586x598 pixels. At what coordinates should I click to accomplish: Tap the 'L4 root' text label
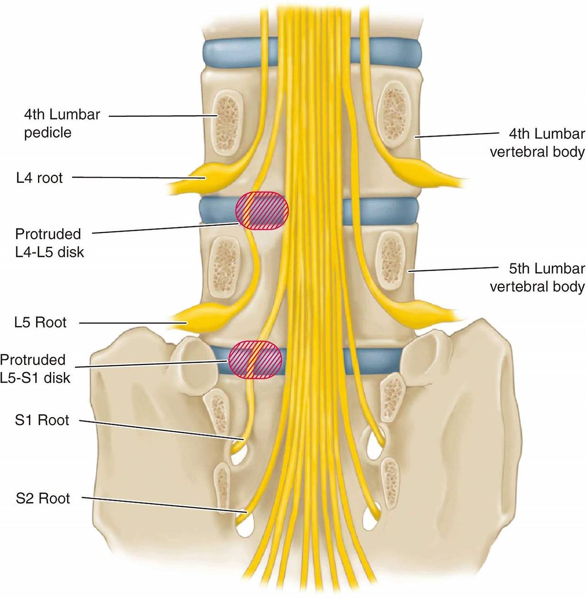(x=39, y=178)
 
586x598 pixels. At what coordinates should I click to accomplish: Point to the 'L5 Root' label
(x=40, y=322)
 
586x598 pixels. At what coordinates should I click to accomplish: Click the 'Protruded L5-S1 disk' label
(x=35, y=369)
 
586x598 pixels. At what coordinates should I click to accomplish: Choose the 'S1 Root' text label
(x=42, y=420)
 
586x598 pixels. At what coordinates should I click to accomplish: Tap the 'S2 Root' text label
(x=43, y=498)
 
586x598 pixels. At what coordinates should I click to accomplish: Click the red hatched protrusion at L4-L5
(x=262, y=210)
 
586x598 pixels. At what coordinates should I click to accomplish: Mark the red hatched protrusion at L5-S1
(x=255, y=359)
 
